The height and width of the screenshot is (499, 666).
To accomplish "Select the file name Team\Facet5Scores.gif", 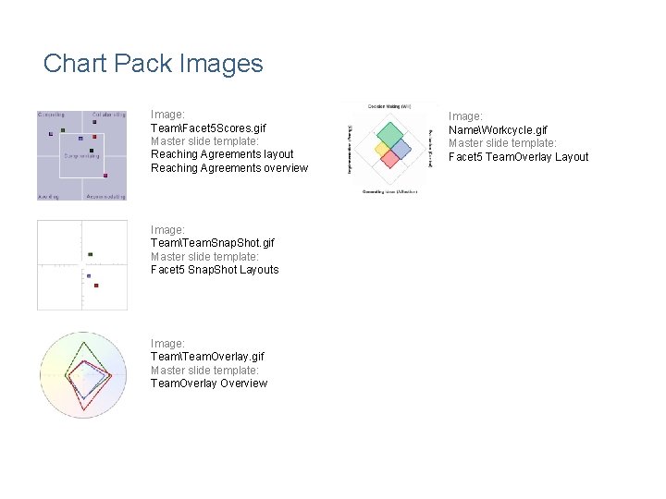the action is (208, 128).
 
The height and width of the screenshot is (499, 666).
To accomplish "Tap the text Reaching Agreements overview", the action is (228, 168).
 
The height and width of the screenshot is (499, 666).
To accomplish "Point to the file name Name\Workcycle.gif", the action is (498, 130).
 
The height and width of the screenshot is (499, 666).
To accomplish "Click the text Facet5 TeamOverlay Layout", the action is (518, 157).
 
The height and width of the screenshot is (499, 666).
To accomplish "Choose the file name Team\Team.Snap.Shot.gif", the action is (212, 243).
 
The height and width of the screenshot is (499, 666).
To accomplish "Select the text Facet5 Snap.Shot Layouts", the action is (214, 270).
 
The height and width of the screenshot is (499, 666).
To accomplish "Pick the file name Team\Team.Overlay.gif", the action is (207, 357).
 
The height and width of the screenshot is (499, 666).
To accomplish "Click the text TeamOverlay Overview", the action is (208, 383).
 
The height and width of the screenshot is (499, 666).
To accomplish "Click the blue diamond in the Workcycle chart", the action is (401, 149).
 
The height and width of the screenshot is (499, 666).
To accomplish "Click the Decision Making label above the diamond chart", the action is (389, 106).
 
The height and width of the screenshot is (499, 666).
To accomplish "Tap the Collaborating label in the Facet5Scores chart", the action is (108, 115).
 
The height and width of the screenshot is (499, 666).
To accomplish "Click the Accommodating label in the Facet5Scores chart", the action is (105, 196).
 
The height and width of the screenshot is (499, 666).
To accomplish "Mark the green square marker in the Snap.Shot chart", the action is (90, 254).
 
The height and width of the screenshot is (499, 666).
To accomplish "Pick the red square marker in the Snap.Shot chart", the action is (96, 286).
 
